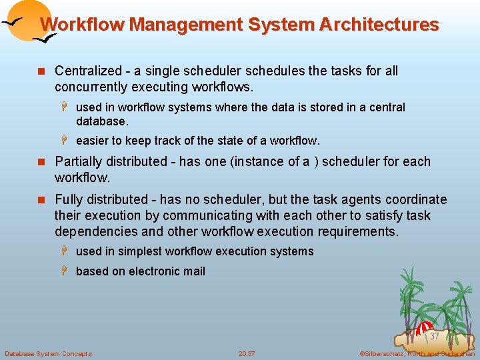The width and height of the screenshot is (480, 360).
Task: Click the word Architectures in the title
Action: click(379, 25)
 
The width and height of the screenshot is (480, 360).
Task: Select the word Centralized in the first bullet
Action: click(88, 71)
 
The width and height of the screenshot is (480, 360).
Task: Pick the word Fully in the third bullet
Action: click(69, 199)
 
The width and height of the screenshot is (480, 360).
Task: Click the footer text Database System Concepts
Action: click(48, 353)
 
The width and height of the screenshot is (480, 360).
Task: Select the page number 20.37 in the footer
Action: click(247, 353)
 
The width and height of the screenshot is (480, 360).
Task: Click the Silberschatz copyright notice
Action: click(417, 353)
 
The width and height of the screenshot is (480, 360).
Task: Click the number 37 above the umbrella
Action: click(434, 336)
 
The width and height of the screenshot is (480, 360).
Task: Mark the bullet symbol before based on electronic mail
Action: click(67, 271)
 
